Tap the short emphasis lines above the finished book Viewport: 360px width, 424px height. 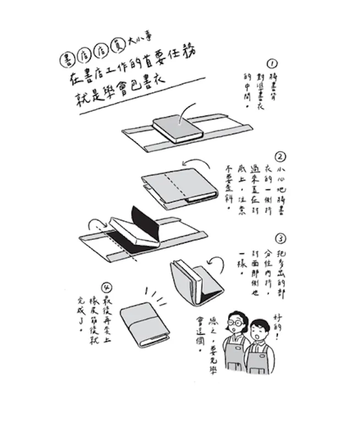[156, 295]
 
